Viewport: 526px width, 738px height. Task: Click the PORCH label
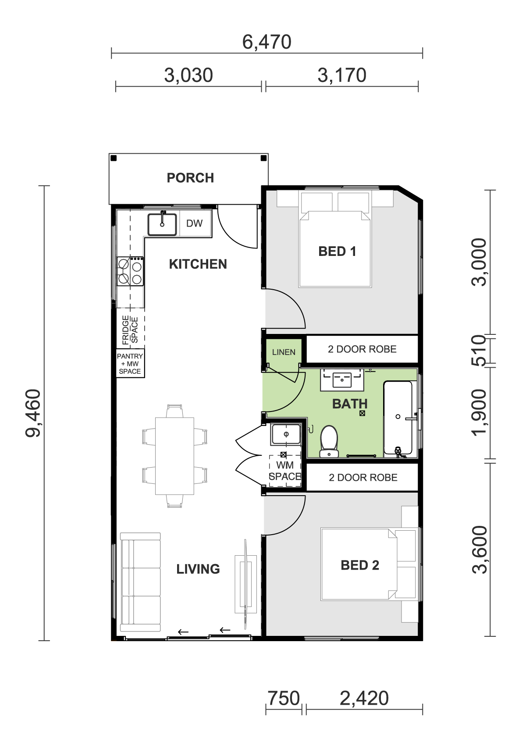[190, 178]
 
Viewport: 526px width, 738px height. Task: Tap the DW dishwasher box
[195, 223]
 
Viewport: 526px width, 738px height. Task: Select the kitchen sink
[162, 224]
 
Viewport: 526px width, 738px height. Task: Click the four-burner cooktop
[130, 271]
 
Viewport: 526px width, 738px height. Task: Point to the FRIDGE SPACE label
[130, 330]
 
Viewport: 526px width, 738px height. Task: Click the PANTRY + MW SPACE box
[130, 363]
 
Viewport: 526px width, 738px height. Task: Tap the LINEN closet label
[284, 352]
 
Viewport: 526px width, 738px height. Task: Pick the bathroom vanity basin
[342, 379]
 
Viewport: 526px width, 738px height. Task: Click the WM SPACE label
[285, 471]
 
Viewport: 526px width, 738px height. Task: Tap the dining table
[174, 456]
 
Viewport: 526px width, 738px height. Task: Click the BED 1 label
[337, 252]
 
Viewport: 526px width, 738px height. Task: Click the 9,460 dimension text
[33, 413]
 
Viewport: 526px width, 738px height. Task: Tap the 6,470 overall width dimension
[267, 42]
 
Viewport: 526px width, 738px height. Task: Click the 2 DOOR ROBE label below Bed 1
[362, 349]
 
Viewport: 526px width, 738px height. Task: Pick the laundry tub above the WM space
[286, 434]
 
